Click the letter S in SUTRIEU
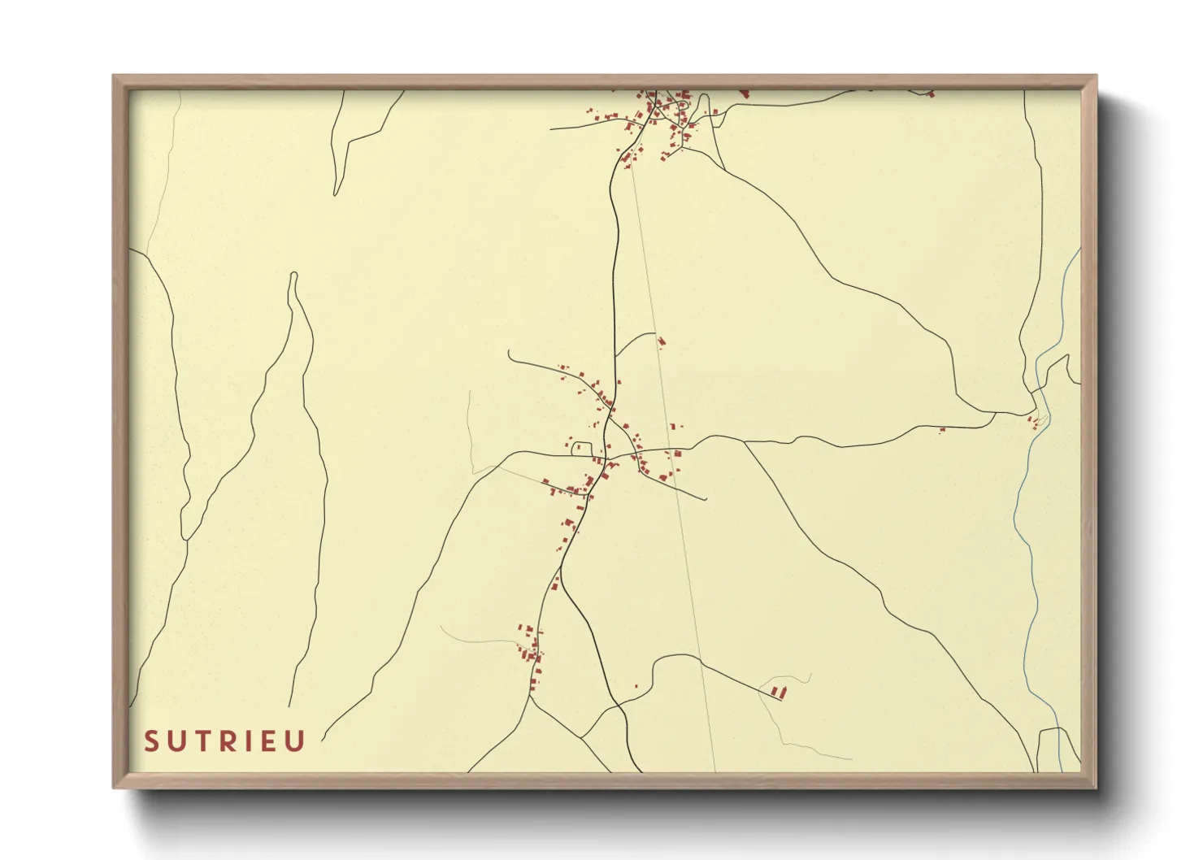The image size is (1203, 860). [151, 741]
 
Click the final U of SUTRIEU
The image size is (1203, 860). [296, 741]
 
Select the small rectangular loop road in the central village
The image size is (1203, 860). [581, 448]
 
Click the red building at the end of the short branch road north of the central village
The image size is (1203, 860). [661, 341]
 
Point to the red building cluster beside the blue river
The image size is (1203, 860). [1034, 421]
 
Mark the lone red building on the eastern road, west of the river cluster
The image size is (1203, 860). [942, 429]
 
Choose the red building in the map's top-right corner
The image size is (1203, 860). [931, 94]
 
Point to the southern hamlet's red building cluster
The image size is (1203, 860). [530, 646]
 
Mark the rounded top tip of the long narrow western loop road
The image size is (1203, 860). [293, 275]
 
